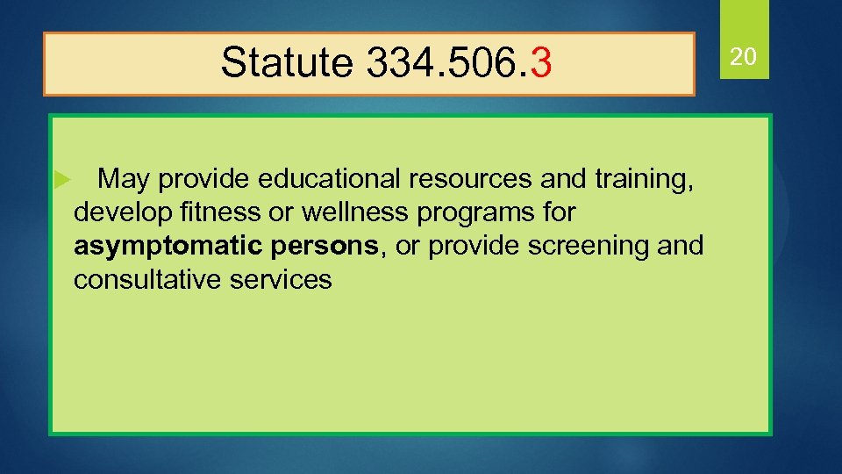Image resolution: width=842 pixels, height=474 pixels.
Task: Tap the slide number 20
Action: coord(744,58)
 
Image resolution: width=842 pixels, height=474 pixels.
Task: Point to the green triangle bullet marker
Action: coord(61,180)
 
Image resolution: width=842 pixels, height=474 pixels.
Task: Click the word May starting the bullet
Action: coord(123,180)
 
